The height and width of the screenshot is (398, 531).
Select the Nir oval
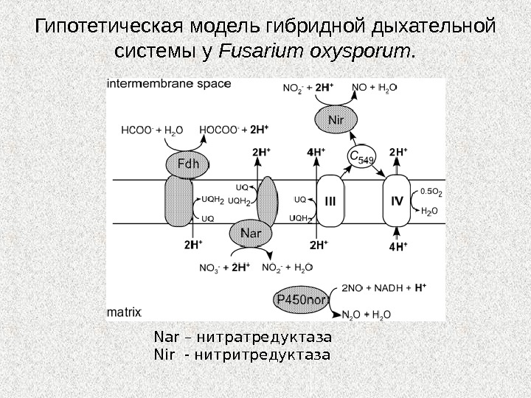[x=336, y=118]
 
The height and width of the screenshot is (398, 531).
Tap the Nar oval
[x=251, y=234]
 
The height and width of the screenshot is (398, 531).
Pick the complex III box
[x=330, y=200]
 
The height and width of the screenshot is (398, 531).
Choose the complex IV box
[x=398, y=200]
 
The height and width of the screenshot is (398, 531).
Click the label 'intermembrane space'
[x=169, y=84]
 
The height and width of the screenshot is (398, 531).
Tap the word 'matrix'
[x=124, y=312]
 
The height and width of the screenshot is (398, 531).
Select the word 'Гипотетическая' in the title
[x=111, y=27]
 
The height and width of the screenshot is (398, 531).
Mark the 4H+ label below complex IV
[x=398, y=247]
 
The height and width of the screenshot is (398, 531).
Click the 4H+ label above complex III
[x=316, y=153]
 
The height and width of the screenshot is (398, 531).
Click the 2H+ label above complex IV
[x=398, y=153]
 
